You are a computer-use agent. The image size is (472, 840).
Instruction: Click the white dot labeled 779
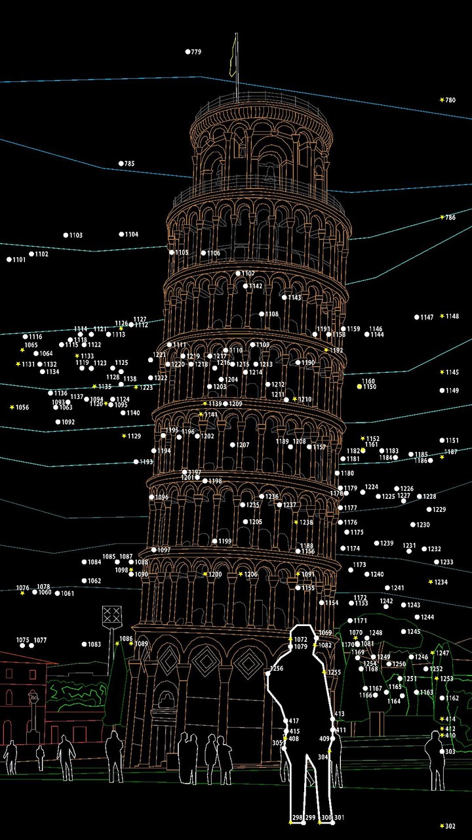(187, 51)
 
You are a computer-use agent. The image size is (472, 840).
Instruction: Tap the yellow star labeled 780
(442, 100)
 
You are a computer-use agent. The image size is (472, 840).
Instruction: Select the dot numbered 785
(121, 163)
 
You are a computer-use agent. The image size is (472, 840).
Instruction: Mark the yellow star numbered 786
(442, 217)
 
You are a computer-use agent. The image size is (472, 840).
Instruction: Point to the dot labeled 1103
(66, 235)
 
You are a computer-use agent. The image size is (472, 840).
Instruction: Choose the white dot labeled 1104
(122, 234)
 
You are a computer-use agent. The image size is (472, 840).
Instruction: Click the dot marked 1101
(9, 260)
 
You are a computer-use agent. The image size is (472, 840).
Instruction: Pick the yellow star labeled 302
(442, 826)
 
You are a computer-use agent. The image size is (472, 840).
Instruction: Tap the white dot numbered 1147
(417, 317)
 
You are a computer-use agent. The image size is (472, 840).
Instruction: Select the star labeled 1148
(442, 316)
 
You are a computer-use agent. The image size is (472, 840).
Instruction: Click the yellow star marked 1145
(442, 372)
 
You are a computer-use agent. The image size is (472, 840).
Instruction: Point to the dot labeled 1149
(442, 390)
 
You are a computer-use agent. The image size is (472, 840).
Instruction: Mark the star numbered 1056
(12, 408)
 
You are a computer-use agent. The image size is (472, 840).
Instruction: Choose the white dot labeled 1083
(85, 644)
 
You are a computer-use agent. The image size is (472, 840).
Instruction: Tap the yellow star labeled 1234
(431, 582)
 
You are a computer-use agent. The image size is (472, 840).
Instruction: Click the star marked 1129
(124, 436)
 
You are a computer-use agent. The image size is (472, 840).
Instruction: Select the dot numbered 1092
(58, 422)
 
